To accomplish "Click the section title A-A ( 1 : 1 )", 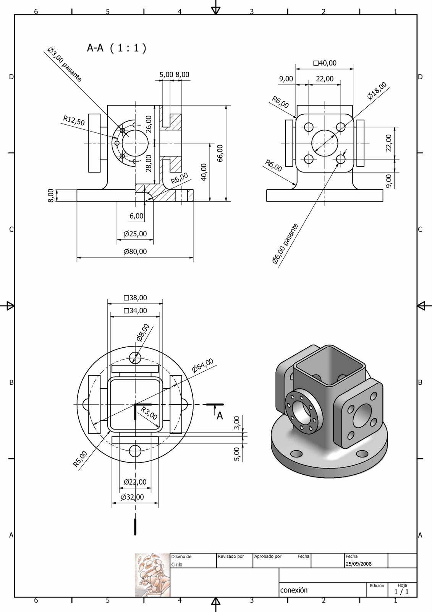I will pos(116,48).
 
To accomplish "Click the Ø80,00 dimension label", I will pos(135,251).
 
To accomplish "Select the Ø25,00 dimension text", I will pos(135,234).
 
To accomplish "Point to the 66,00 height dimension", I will pos(220,153).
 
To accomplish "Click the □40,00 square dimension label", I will pos(325,63).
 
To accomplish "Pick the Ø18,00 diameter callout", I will pos(377,91).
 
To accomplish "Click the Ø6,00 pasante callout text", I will pos(285,244).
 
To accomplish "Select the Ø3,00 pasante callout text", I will pos(64,65).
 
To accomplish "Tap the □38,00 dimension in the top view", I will pos(135,298).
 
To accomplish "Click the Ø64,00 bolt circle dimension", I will pos(202,366).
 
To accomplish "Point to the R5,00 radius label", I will pos(80,459).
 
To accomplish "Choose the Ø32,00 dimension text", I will pos(132,497).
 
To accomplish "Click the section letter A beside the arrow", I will pos(220,416).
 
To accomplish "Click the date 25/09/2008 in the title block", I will pos(358,563).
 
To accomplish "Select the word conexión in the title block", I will pos(294,590).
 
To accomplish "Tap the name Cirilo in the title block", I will pos(177,564).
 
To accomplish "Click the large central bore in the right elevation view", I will pos(325,143).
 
